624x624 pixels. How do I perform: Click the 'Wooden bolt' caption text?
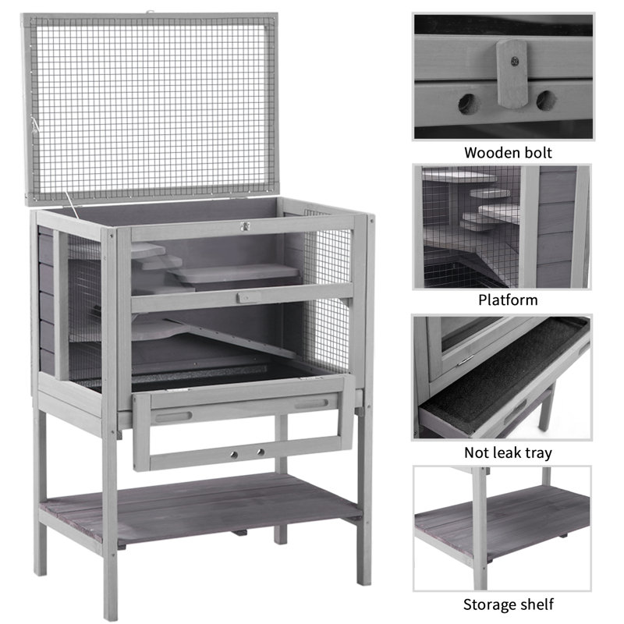coord(508,153)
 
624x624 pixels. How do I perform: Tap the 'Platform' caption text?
coord(508,300)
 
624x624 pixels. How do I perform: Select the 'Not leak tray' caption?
coord(508,453)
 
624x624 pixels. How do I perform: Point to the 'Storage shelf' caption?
coord(509,604)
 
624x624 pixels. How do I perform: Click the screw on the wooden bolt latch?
coord(515,62)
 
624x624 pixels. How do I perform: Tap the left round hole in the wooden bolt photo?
coord(466,104)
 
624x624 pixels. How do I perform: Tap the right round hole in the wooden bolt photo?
coord(545,101)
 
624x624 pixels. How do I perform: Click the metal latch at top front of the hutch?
coord(244,226)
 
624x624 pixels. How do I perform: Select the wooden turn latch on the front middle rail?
coord(248,297)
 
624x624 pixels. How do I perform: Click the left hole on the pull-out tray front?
coord(234,455)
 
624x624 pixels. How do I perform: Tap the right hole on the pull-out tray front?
coord(261,452)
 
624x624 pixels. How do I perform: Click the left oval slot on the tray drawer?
coord(173,417)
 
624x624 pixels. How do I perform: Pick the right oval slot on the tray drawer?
coord(311,404)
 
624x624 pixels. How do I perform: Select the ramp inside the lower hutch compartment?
coord(231,337)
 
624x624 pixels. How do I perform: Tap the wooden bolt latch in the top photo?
coord(512,73)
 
